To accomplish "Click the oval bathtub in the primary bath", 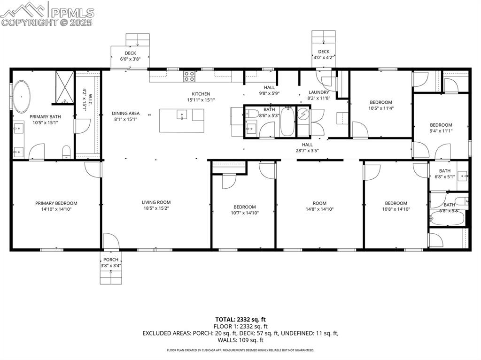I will pyautogui.click(x=22, y=97).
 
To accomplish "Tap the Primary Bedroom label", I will pyautogui.click(x=56, y=203).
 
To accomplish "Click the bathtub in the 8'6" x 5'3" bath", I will pyautogui.click(x=287, y=122).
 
